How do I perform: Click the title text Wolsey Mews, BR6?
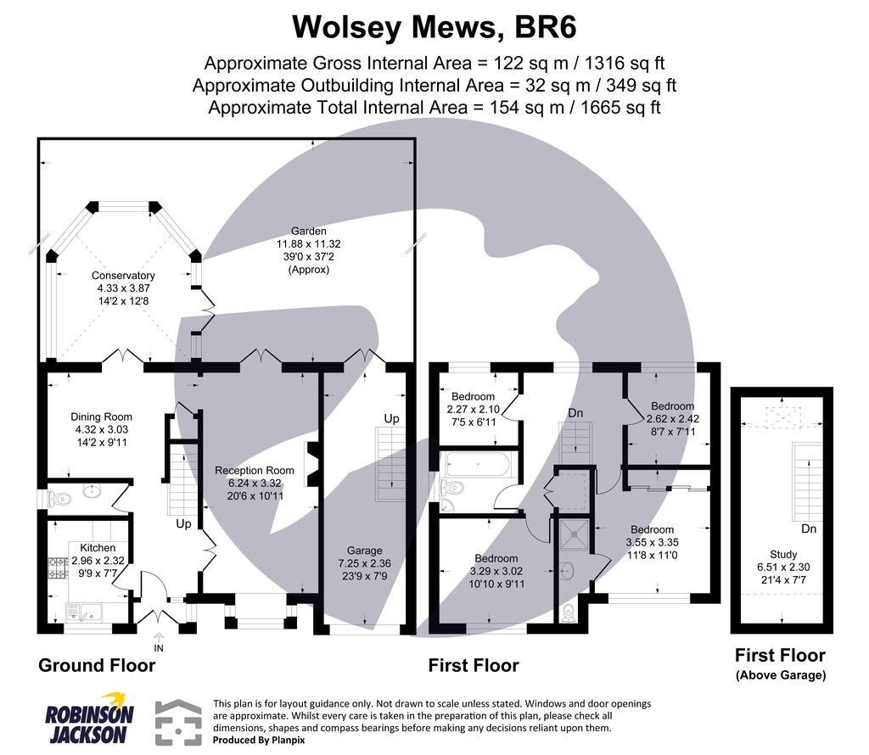[434, 26]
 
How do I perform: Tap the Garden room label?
[309, 249]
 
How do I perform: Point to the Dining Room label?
[101, 429]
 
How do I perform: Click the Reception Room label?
[255, 483]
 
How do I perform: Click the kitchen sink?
[86, 608]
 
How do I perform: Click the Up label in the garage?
[391, 419]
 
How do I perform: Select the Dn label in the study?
[808, 528]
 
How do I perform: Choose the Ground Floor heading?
[97, 665]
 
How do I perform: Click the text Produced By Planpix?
[259, 740]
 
